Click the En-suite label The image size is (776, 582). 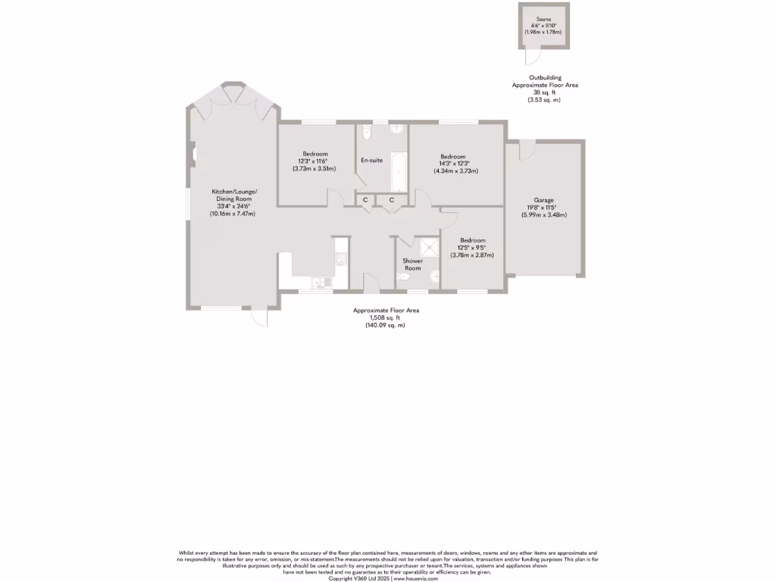click(371, 160)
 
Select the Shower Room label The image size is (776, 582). click(413, 264)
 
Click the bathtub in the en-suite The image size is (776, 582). click(398, 171)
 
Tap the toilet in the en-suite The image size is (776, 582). click(367, 133)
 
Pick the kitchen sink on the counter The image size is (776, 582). click(326, 283)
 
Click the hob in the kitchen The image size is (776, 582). click(341, 258)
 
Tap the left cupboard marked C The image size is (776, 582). click(365, 199)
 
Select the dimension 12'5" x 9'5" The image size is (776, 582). click(474, 248)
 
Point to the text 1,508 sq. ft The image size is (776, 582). click(386, 318)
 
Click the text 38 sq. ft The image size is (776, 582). click(545, 92)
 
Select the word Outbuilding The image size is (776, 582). click(545, 78)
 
